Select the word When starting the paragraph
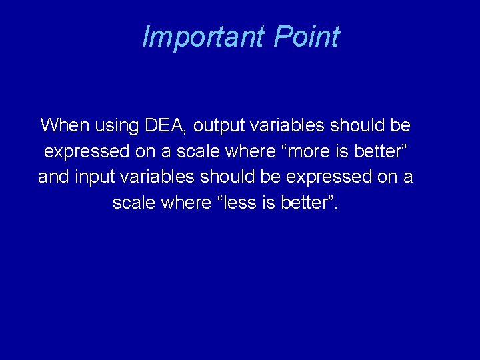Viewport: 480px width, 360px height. click(63, 125)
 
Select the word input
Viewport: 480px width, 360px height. click(100, 177)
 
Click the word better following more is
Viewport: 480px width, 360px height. click(382, 151)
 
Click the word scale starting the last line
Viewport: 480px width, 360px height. click(134, 203)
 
